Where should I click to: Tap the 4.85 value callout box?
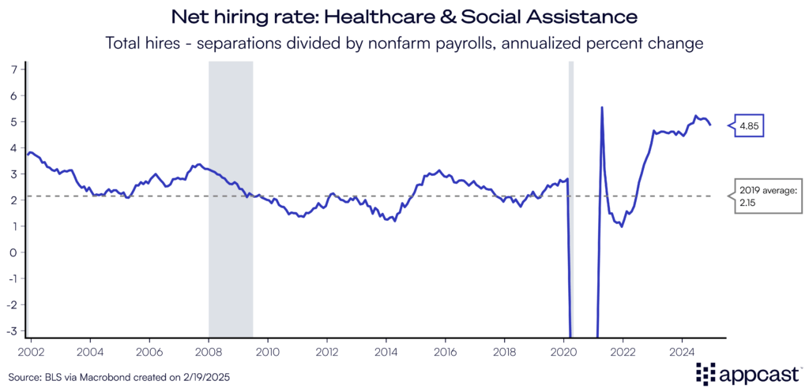[x=750, y=125]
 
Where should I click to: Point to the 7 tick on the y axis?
[x=13, y=69]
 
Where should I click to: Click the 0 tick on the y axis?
[x=13, y=252]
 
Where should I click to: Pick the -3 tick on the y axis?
[x=11, y=330]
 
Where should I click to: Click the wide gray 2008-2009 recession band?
[x=230, y=197]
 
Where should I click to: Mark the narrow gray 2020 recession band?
[x=571, y=197]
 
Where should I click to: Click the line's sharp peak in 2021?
[x=602, y=107]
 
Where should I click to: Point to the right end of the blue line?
[x=710, y=125]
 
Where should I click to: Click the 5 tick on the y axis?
[x=13, y=121]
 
